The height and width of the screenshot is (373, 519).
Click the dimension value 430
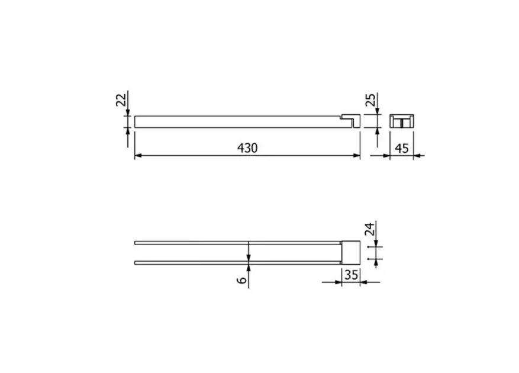pyautogui.click(x=247, y=148)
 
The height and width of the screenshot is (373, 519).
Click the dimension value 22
pyautogui.click(x=121, y=99)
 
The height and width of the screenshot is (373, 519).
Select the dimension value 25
pyautogui.click(x=371, y=99)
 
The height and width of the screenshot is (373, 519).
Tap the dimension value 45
pyautogui.click(x=401, y=148)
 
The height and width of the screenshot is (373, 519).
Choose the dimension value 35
pyautogui.click(x=351, y=275)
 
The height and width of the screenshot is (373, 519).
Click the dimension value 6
pyautogui.click(x=242, y=280)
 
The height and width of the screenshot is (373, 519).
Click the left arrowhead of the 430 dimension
pyautogui.click(x=138, y=155)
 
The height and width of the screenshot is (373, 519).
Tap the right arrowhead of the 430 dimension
pyautogui.click(x=357, y=155)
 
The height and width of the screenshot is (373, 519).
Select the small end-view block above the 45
pyautogui.click(x=401, y=121)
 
